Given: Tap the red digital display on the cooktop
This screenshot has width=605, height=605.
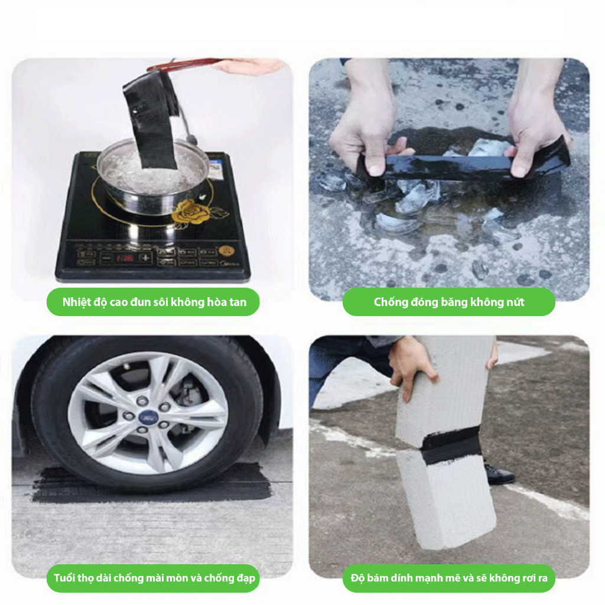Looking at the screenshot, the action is pyautogui.click(x=124, y=258).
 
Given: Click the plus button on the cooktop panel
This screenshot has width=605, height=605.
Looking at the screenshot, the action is pyautogui.click(x=145, y=258).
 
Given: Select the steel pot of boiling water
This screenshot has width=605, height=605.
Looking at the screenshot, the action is pyautogui.click(x=153, y=174).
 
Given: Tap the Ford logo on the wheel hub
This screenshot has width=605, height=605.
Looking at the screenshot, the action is pyautogui.click(x=147, y=417).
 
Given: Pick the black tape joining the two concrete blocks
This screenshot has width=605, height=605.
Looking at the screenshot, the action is pyautogui.click(x=450, y=445).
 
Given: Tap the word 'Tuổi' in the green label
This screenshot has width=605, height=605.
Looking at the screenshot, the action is pyautogui.click(x=64, y=578).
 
